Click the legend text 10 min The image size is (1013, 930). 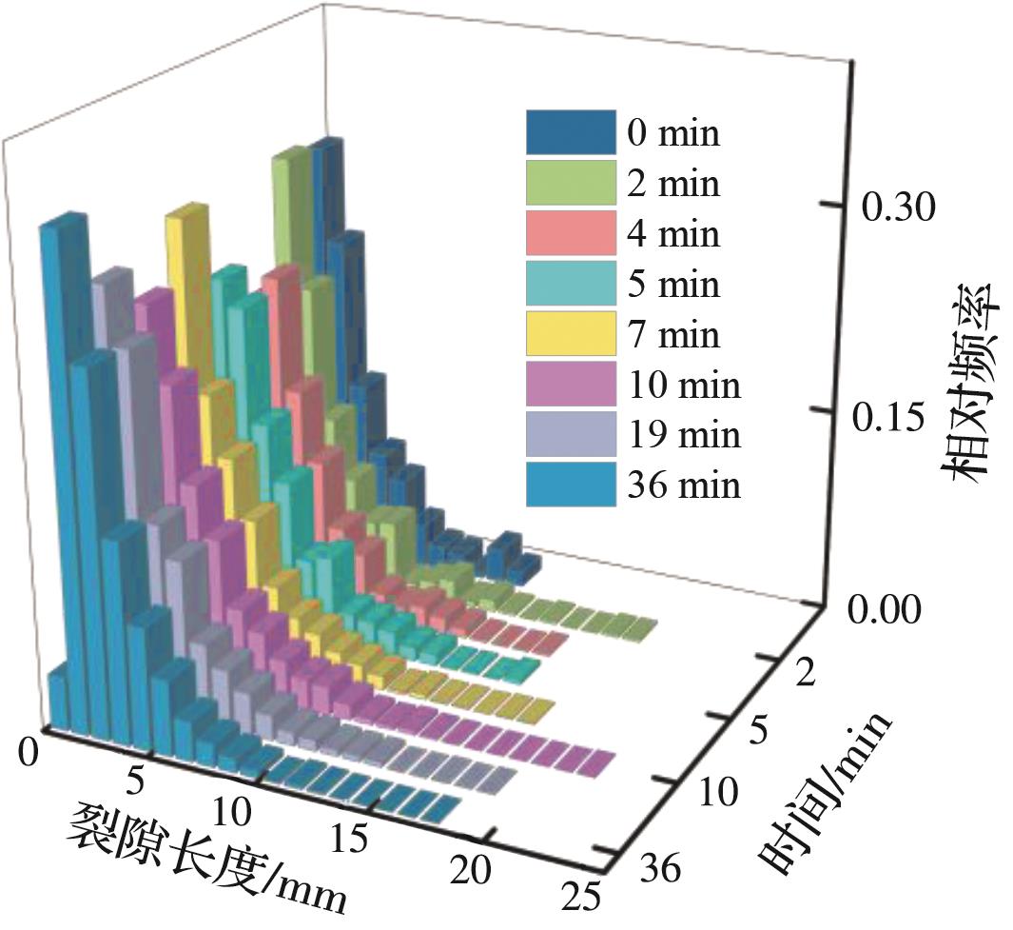tap(684, 386)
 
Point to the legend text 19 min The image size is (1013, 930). tap(684, 435)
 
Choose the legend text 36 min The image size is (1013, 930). tap(684, 485)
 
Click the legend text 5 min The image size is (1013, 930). tap(672, 285)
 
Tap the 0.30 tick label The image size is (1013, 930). tap(898, 208)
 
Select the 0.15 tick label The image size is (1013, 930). tap(898, 418)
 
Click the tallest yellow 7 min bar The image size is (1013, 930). tap(187, 295)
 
